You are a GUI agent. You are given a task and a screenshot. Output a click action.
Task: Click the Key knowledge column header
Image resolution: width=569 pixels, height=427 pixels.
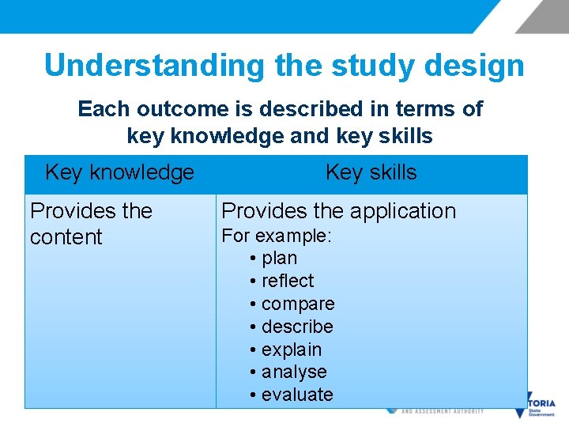(119, 172)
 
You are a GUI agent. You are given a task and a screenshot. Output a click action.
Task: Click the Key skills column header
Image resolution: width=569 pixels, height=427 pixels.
(371, 172)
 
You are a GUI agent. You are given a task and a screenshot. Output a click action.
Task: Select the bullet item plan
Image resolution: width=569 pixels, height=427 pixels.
(279, 258)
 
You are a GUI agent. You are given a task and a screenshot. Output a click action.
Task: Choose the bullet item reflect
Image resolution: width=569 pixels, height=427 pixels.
(287, 281)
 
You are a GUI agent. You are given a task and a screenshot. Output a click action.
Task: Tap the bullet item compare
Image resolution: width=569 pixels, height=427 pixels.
(298, 304)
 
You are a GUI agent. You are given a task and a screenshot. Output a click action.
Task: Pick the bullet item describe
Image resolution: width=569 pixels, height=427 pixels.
(297, 327)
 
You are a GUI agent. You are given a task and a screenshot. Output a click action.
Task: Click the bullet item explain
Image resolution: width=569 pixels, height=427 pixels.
(292, 350)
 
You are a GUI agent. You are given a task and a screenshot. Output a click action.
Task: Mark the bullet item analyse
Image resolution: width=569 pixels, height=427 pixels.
(294, 372)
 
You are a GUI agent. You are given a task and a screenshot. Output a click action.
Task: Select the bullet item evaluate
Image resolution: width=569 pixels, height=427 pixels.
(297, 395)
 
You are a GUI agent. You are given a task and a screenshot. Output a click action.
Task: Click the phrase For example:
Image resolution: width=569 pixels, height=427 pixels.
(277, 236)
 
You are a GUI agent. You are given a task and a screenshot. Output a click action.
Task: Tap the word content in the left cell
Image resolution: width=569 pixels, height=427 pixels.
(66, 237)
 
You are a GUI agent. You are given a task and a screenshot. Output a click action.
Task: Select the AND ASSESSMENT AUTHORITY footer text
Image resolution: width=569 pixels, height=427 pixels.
(443, 411)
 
